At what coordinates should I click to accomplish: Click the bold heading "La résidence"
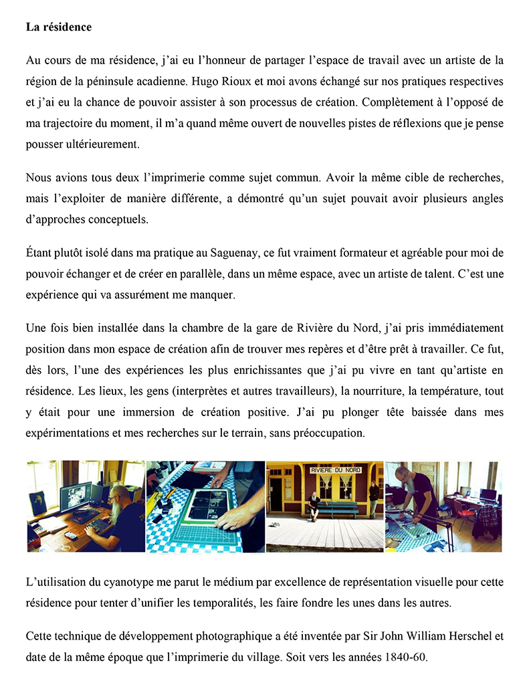[x=59, y=27]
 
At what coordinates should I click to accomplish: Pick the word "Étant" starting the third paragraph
[x=39, y=254]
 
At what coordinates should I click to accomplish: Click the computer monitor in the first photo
[x=75, y=496]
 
